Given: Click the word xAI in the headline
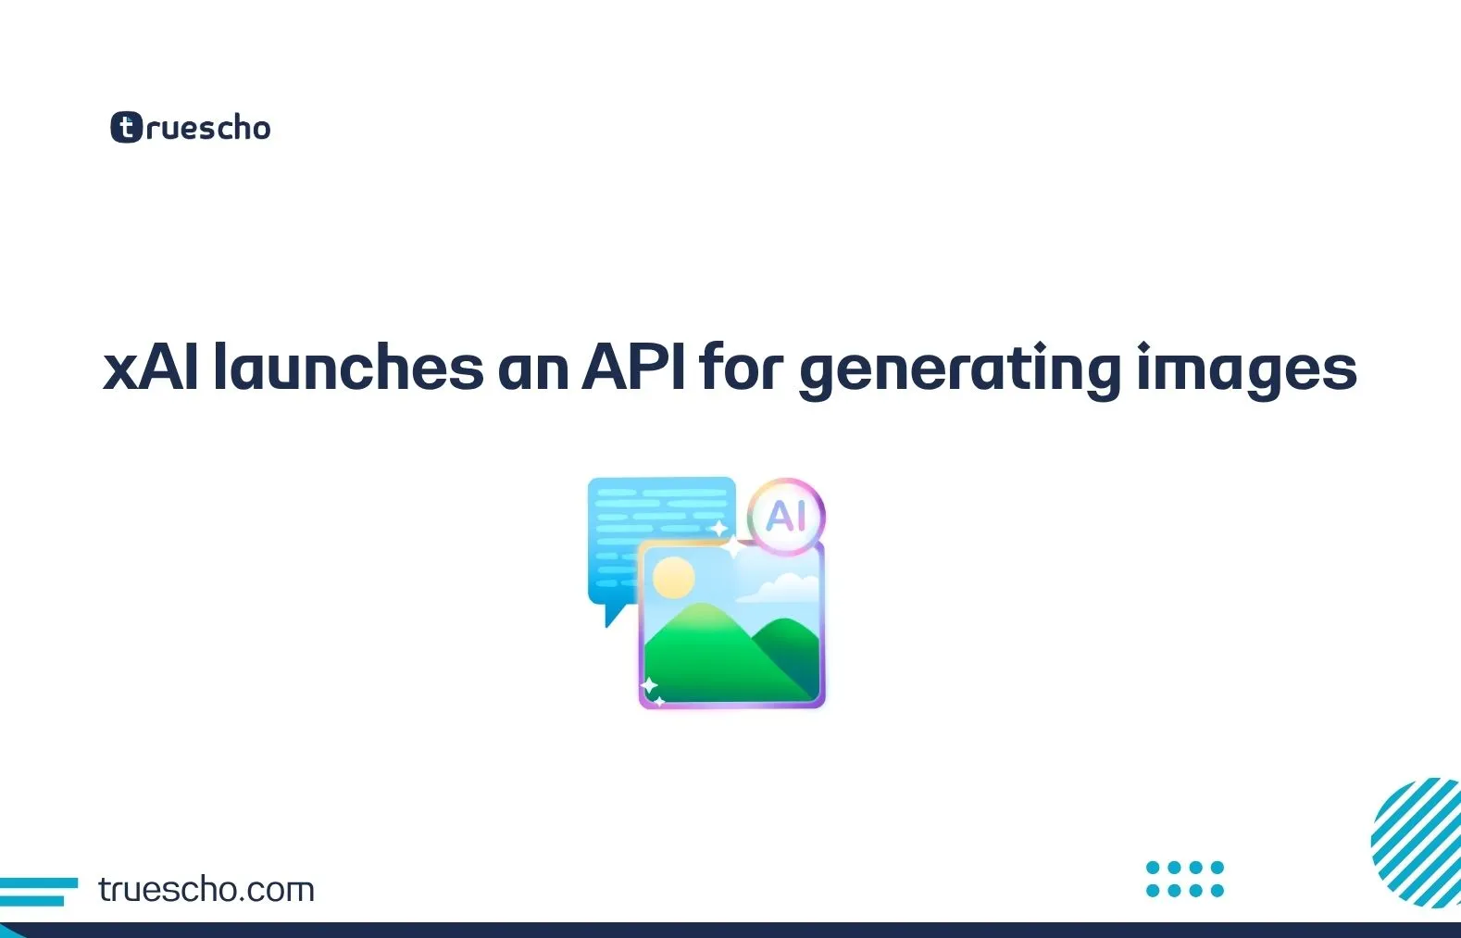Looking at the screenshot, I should point(150,368).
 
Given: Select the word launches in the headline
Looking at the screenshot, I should point(348,368).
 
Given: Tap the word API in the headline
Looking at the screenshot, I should point(633,368).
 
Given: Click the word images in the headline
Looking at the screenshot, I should point(1245,370).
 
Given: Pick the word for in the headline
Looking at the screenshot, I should point(741,368).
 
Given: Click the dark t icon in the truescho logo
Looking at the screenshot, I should point(127,127).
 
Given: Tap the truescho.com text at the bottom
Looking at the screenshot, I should point(206,890).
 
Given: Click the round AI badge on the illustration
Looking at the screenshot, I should point(786,516).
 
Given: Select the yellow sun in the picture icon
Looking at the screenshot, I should point(673,578).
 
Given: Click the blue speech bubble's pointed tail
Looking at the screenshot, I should point(612,615).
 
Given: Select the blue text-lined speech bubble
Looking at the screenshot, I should point(648,519).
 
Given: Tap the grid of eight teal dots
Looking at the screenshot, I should point(1184,879).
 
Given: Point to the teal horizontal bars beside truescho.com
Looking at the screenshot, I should point(37,891).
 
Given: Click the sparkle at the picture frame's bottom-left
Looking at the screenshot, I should point(649,686).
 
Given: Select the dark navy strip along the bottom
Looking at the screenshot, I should point(730,930).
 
